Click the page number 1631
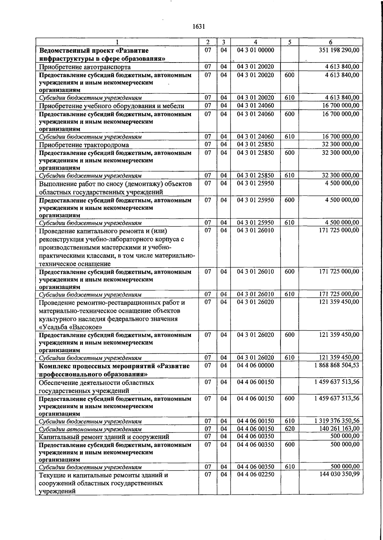pos(199,27)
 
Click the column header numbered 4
pos(255,42)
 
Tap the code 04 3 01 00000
pos(255,50)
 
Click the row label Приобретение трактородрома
pos(84,145)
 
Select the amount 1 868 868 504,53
pos(336,365)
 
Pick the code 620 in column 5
pos(289,429)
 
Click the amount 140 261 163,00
pos(339,429)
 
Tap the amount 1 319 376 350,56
pos(336,421)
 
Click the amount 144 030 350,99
pos(339,474)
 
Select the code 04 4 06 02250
pos(255,474)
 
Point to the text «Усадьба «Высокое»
pos(71,327)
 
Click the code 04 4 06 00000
pos(255,365)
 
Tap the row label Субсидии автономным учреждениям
pos(90,429)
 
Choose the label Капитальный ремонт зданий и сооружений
pos(104,437)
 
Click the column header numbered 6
pos(331,42)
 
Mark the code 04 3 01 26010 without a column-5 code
pos(255,230)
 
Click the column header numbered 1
pos(117,42)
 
